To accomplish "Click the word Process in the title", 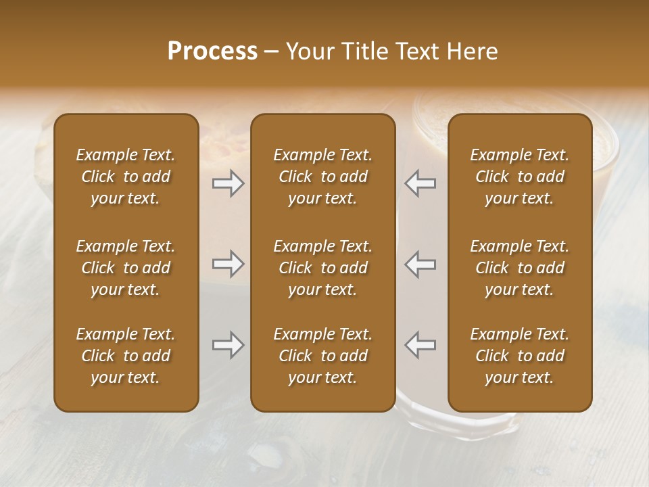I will [212, 51].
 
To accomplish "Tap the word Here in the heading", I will [473, 51].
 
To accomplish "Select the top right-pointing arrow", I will [228, 183].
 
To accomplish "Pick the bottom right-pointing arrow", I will [228, 345].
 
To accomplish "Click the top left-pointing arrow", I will [420, 183].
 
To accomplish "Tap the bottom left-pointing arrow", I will [420, 345].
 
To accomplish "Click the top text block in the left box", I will [126, 177].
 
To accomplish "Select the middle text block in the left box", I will [126, 268].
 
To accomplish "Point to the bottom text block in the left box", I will [126, 356].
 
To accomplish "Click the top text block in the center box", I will [322, 177].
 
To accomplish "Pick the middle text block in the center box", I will [322, 268].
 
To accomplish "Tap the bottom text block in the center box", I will [322, 356].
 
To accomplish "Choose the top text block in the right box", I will [519, 177].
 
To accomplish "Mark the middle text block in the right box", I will [519, 268].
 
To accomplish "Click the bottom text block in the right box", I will [519, 356].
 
